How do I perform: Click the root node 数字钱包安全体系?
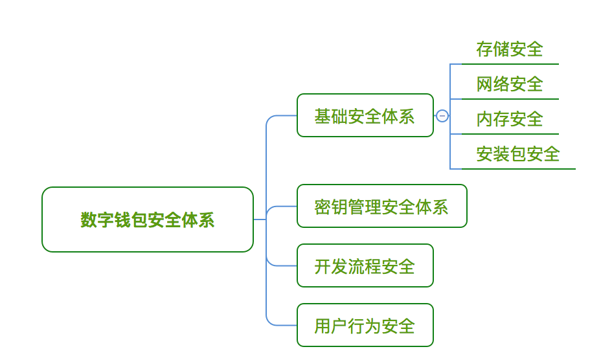pyautogui.click(x=148, y=219)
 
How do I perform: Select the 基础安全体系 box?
pyautogui.click(x=365, y=115)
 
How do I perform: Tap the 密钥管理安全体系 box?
pyautogui.click(x=381, y=206)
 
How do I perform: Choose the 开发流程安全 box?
pyautogui.click(x=365, y=265)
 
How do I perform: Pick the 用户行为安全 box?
pyautogui.click(x=365, y=325)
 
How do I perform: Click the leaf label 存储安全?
pyautogui.click(x=510, y=49)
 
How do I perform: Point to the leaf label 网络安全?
pyautogui.click(x=510, y=84)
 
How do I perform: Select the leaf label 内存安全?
pyautogui.click(x=510, y=119)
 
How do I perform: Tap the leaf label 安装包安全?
pyautogui.click(x=518, y=153)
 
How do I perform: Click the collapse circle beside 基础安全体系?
pyautogui.click(x=442, y=115)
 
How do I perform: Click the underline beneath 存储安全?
pyautogui.click(x=510, y=64)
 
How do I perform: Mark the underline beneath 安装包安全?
pyautogui.click(x=519, y=169)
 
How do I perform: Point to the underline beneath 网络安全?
pyautogui.click(x=510, y=99)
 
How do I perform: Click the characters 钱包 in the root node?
pyautogui.click(x=122, y=220)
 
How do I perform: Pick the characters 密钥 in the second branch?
pyautogui.click(x=331, y=207)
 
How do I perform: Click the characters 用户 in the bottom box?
pyautogui.click(x=331, y=326)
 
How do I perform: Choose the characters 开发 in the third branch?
pyautogui.click(x=331, y=267)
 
